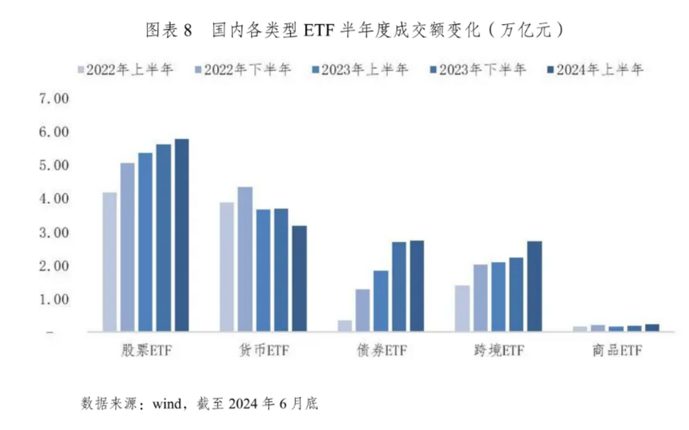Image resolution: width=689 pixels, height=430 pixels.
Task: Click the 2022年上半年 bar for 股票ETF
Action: pos(110,262)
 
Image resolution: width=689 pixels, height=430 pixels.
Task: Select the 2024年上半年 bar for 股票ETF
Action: pos(181,235)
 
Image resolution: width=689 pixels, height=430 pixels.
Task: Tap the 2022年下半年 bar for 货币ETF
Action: pos(245,259)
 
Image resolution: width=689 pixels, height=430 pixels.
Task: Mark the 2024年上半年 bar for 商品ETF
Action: pos(652,328)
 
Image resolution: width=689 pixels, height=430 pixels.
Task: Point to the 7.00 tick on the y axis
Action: pos(55,99)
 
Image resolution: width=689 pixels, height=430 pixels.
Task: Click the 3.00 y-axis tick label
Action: pos(55,233)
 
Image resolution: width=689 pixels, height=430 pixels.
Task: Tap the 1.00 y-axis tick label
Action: pos(55,300)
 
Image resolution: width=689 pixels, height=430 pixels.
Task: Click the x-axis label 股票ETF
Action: pos(145,351)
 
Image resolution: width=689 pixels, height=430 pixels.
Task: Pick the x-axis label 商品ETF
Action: pos(616,351)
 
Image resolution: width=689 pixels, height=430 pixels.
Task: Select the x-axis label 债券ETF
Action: pos(380,351)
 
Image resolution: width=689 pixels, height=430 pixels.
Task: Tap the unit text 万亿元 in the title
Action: pos(526,30)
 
